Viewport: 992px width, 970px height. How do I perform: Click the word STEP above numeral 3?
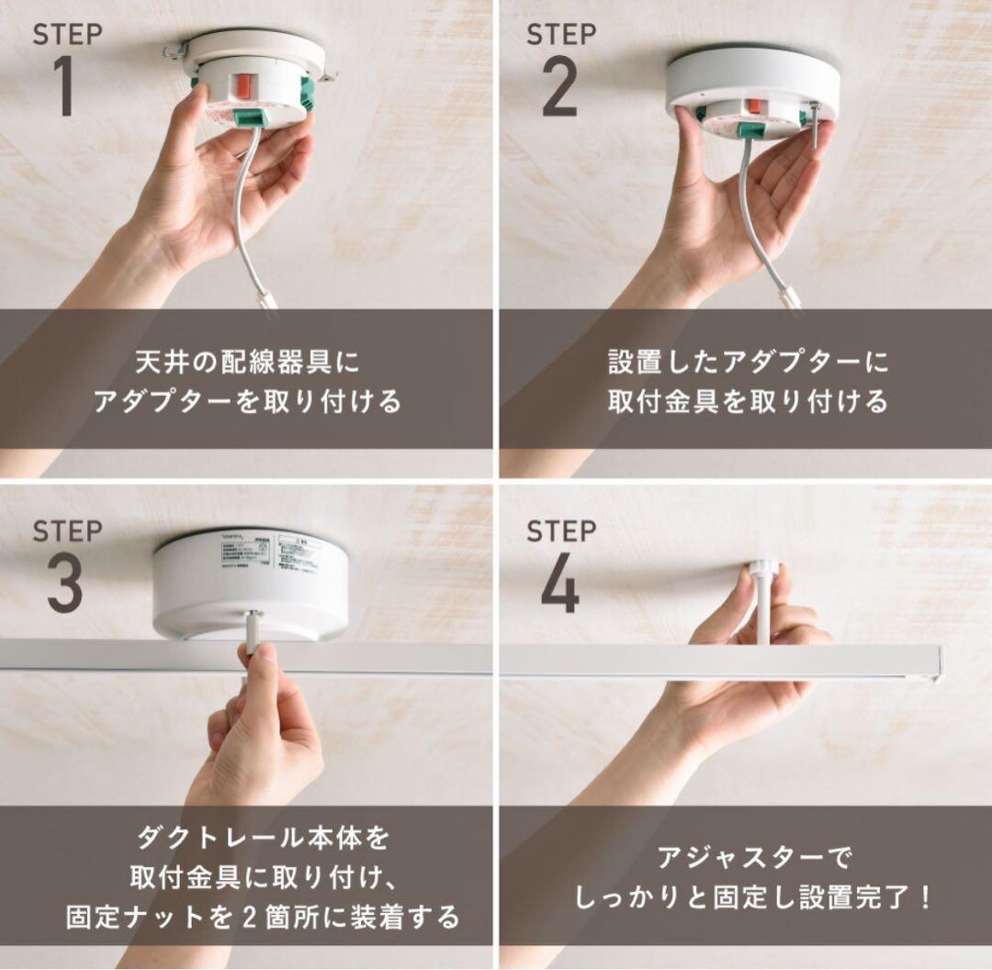coord(67,531)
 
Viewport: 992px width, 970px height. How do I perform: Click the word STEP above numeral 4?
coord(561,531)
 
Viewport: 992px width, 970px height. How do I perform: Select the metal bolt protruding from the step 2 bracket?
coord(815,124)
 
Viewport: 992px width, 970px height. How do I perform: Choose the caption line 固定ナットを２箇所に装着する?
coord(263,917)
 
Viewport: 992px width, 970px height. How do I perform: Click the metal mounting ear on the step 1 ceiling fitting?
coord(175,50)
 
